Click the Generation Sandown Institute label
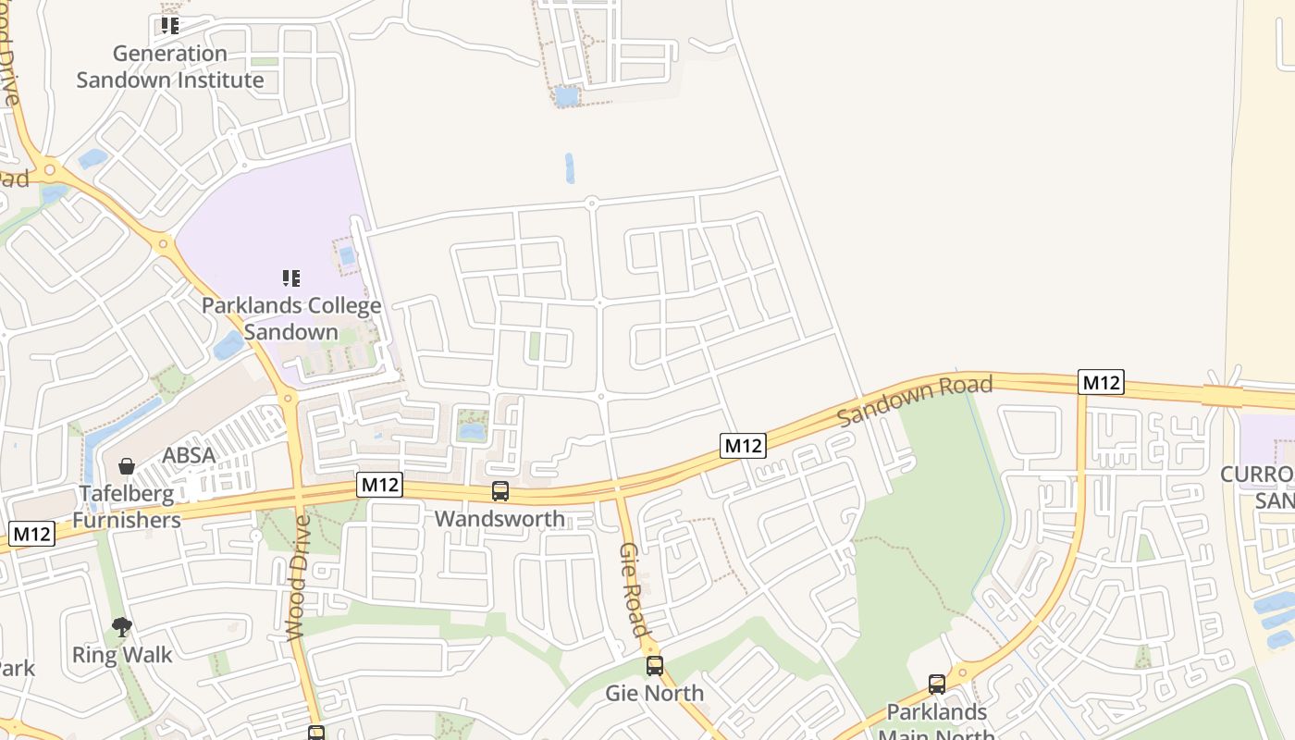[x=170, y=67]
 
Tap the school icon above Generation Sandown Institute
[x=169, y=25]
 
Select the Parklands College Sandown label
[x=291, y=318]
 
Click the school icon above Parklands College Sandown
[x=291, y=277]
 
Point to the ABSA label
[x=189, y=455]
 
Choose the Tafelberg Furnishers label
[x=127, y=507]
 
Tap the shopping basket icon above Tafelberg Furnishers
[x=126, y=465]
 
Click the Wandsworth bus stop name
[x=499, y=519]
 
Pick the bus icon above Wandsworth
[x=500, y=491]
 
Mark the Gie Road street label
[x=633, y=589]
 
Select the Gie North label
[x=654, y=693]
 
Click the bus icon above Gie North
[x=655, y=665]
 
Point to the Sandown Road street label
[x=914, y=400]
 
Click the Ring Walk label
[x=122, y=655]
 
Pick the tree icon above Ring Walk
[x=121, y=627]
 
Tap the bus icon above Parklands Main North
[x=937, y=684]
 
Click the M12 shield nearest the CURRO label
[x=1101, y=382]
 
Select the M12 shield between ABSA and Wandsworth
[x=380, y=484]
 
